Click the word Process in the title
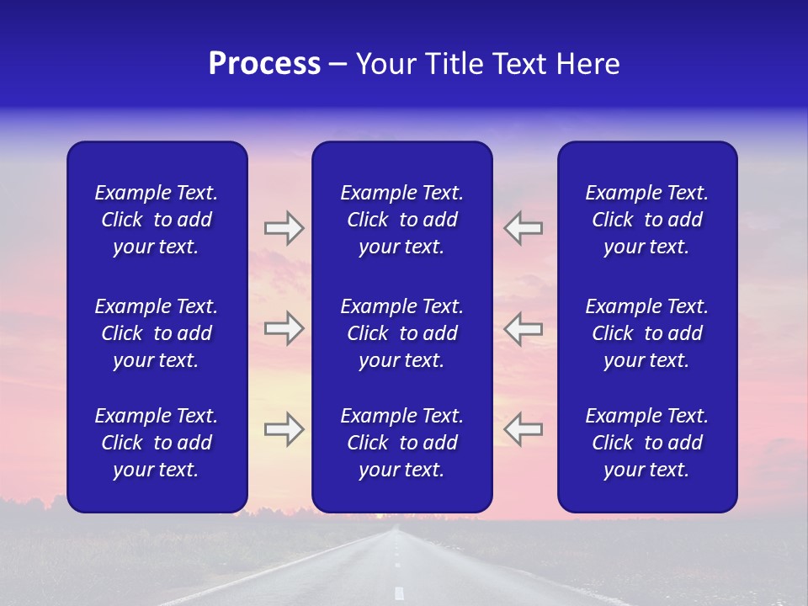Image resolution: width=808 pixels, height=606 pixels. (264, 64)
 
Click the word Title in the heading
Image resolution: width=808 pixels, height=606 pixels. (454, 64)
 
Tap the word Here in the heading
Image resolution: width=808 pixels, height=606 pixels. (587, 64)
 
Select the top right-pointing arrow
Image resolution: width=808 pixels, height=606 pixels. (284, 228)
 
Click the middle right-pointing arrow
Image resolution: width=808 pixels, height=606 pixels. (284, 328)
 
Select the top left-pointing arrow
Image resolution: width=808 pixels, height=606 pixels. (524, 228)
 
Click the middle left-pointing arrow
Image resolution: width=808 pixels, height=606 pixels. (524, 328)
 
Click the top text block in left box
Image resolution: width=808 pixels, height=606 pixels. (157, 220)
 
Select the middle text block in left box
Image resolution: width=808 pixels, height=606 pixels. (157, 333)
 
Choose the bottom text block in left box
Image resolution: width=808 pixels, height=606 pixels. (157, 443)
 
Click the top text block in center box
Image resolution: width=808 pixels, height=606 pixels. (401, 220)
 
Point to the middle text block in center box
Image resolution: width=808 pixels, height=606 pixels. (401, 333)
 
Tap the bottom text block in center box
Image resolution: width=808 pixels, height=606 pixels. (401, 443)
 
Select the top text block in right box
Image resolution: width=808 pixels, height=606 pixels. (646, 220)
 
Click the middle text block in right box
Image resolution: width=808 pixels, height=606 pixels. (646, 333)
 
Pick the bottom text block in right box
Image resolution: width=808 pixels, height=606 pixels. (646, 443)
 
